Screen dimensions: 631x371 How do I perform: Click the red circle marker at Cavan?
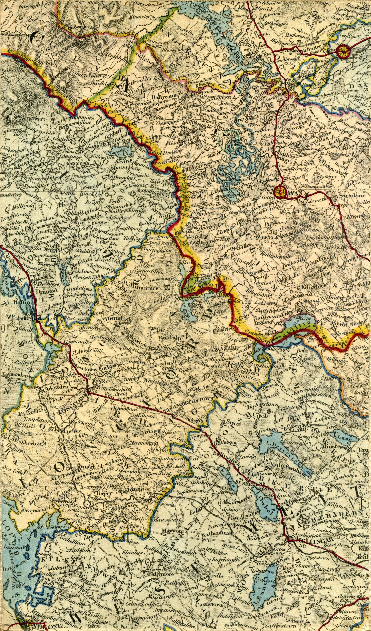click(280, 192)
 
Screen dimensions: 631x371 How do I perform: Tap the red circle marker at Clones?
click(342, 52)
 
